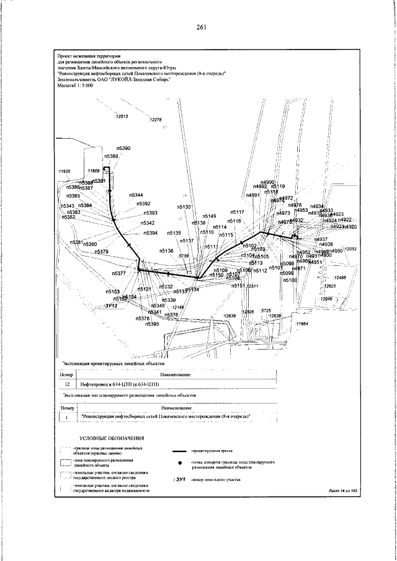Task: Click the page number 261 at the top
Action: point(200,27)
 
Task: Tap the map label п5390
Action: point(124,149)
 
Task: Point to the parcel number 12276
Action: point(154,120)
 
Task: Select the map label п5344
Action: point(136,195)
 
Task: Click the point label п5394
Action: point(150,233)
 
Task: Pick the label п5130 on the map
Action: point(184,206)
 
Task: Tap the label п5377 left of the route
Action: point(118,273)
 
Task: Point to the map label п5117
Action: point(238,213)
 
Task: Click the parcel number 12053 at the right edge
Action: point(351,249)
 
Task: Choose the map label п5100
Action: point(290,281)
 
